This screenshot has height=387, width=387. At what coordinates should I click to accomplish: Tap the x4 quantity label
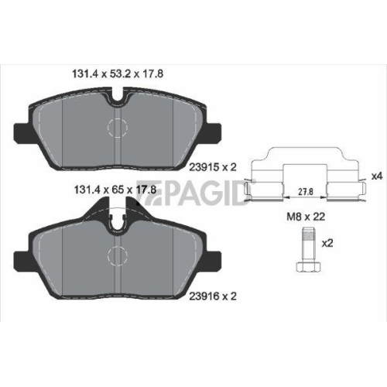coord(377,176)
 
